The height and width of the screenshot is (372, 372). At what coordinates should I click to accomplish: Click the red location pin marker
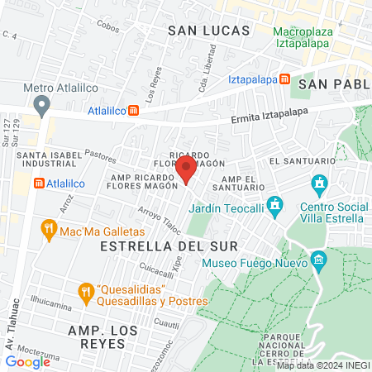187,170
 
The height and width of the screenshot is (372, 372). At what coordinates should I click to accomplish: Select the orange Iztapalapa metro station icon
284,80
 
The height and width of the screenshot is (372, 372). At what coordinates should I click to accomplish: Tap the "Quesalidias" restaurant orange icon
84,292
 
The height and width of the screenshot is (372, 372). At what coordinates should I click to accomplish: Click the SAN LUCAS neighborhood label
208,31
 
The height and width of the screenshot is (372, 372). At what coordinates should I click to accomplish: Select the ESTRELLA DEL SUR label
168,246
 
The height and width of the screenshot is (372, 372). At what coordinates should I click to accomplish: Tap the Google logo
28,361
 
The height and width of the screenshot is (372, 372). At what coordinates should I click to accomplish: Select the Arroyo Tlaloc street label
159,218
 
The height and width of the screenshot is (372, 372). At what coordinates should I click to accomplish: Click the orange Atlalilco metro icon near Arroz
37,184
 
